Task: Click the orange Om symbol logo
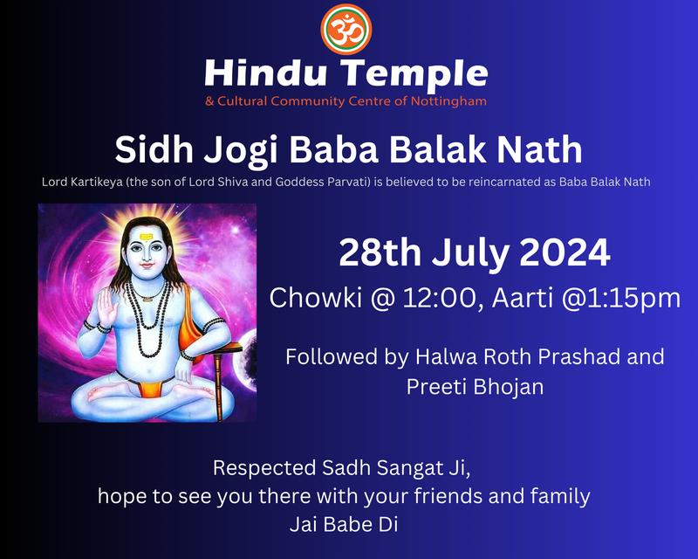(x=346, y=29)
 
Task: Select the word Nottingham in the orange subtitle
(x=446, y=101)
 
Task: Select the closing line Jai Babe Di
(x=345, y=525)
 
